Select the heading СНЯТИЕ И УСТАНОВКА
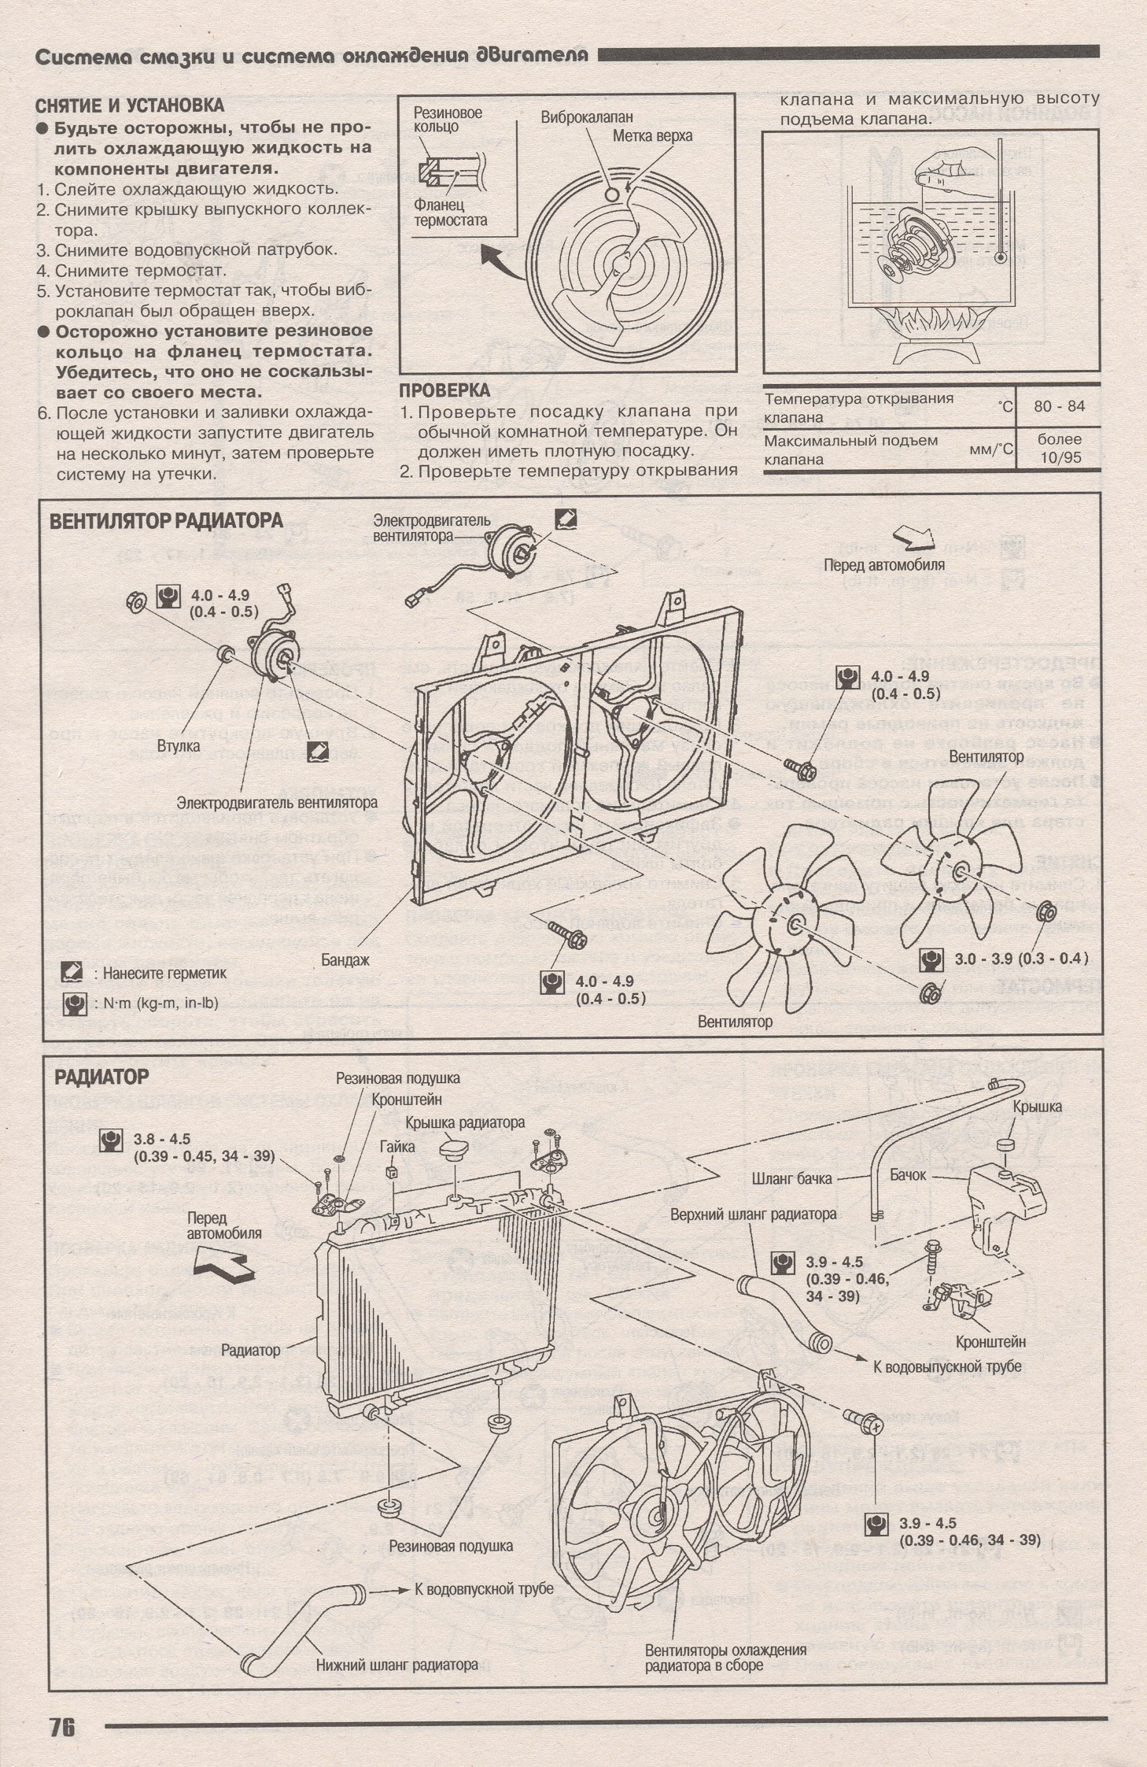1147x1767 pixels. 130,105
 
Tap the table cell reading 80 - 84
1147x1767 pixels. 1059,406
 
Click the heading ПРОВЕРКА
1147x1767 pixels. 444,390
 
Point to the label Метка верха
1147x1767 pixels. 652,136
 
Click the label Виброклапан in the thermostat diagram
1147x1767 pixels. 586,117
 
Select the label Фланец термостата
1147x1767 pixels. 450,212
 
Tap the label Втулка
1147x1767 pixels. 178,745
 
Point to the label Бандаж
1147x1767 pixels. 345,959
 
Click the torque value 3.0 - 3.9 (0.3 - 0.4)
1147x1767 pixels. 1021,959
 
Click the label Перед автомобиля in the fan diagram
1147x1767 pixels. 883,564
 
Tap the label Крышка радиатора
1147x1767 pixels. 464,1122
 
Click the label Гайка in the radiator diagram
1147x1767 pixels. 396,1147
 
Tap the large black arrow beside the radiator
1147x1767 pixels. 224,1266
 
